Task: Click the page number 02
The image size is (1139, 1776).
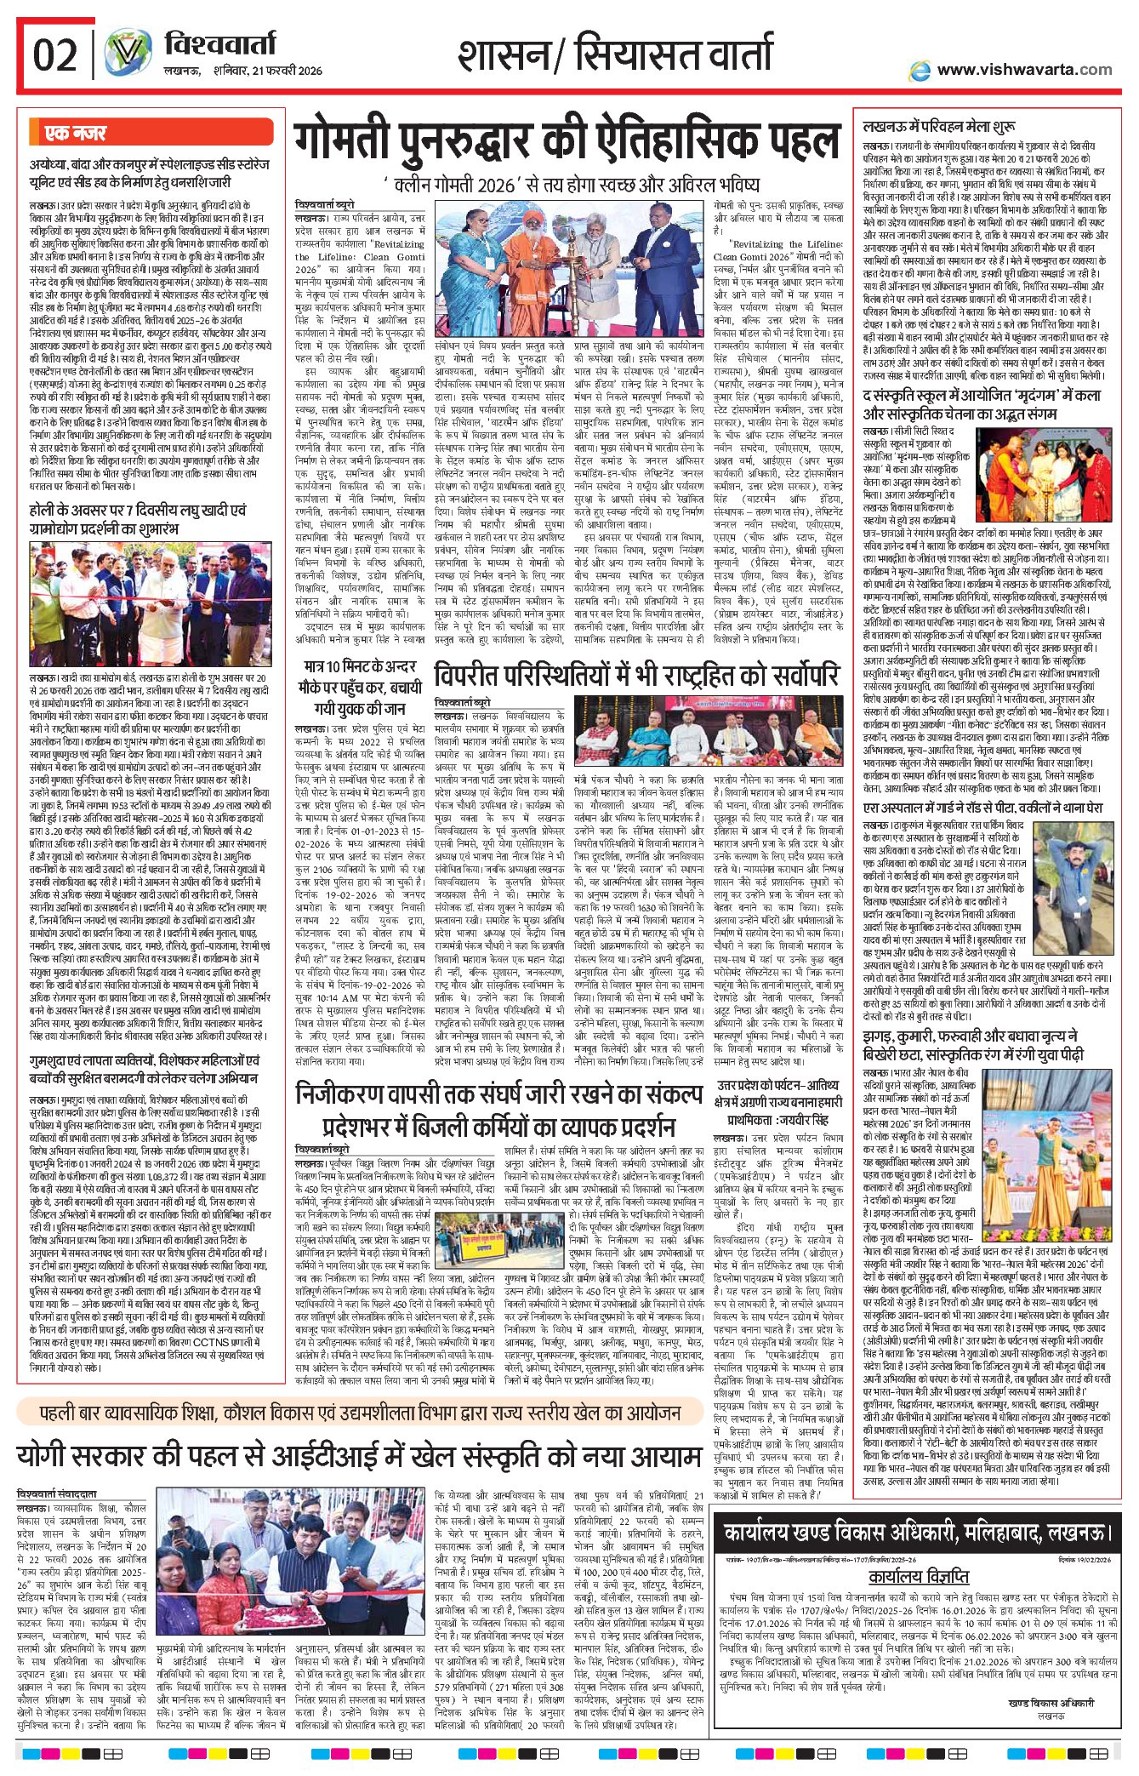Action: (54, 55)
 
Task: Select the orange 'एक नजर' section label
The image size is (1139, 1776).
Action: (76, 134)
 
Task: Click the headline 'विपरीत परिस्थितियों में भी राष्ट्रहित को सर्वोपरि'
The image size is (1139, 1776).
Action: (635, 676)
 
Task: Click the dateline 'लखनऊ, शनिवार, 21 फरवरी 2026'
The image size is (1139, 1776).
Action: (243, 71)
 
